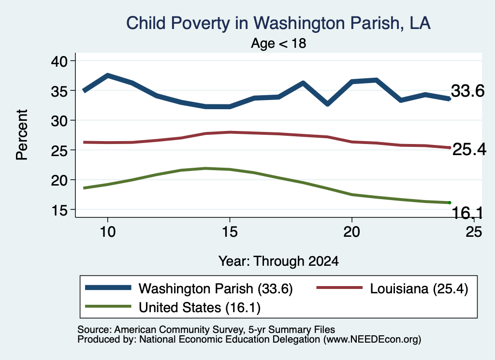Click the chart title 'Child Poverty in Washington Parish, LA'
278,23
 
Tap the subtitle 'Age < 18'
278,43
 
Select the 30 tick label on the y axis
59,120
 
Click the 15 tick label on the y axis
59,210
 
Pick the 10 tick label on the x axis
108,232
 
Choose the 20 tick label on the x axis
352,232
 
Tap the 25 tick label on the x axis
474,232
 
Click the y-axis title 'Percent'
22,135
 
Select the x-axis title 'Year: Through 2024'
278,261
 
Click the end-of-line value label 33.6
467,91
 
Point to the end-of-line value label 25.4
469,149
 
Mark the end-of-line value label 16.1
467,213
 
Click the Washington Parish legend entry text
216,288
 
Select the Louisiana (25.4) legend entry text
419,288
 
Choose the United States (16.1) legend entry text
200,307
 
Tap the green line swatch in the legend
108,306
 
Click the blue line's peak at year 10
108,76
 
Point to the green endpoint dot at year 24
449,202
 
